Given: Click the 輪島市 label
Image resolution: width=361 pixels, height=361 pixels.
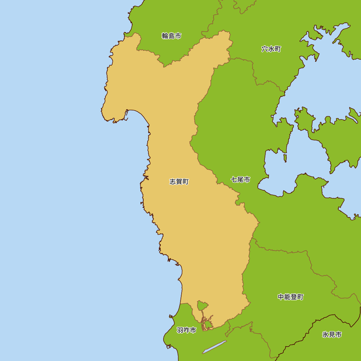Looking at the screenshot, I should [171, 36].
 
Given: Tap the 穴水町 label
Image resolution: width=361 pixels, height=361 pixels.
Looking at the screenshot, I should [271, 49].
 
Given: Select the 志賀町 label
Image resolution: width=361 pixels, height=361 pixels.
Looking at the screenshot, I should [179, 182].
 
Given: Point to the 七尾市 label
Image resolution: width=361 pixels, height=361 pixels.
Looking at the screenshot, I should [240, 179].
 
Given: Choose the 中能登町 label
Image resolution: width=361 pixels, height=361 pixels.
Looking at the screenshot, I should [291, 297].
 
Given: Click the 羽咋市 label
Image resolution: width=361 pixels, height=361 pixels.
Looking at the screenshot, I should [187, 330].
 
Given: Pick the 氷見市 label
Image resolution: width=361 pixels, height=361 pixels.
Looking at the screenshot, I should [332, 335].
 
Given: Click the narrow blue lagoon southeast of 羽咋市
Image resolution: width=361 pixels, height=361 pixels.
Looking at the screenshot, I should [214, 347].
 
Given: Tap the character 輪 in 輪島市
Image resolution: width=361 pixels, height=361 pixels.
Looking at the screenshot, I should [165, 36].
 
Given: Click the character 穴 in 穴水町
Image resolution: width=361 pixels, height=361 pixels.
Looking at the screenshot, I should [265, 49].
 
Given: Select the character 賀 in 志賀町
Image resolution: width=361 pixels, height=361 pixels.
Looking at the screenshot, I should [179, 182].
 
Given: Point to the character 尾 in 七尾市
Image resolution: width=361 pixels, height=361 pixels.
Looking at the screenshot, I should [240, 179].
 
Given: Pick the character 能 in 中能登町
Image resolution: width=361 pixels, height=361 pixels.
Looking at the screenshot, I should [287, 297].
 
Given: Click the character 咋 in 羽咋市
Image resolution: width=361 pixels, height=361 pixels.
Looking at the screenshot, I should [187, 330].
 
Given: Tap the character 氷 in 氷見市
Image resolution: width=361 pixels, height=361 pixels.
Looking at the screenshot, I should [325, 335].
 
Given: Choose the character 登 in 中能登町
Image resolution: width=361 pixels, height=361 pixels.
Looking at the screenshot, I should [294, 297].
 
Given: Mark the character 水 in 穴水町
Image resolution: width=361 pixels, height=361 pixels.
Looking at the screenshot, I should [271, 49].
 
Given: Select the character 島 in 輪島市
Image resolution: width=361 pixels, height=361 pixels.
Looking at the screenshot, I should [171, 36].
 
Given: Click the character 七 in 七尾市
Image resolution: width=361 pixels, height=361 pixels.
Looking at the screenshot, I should [234, 179].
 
